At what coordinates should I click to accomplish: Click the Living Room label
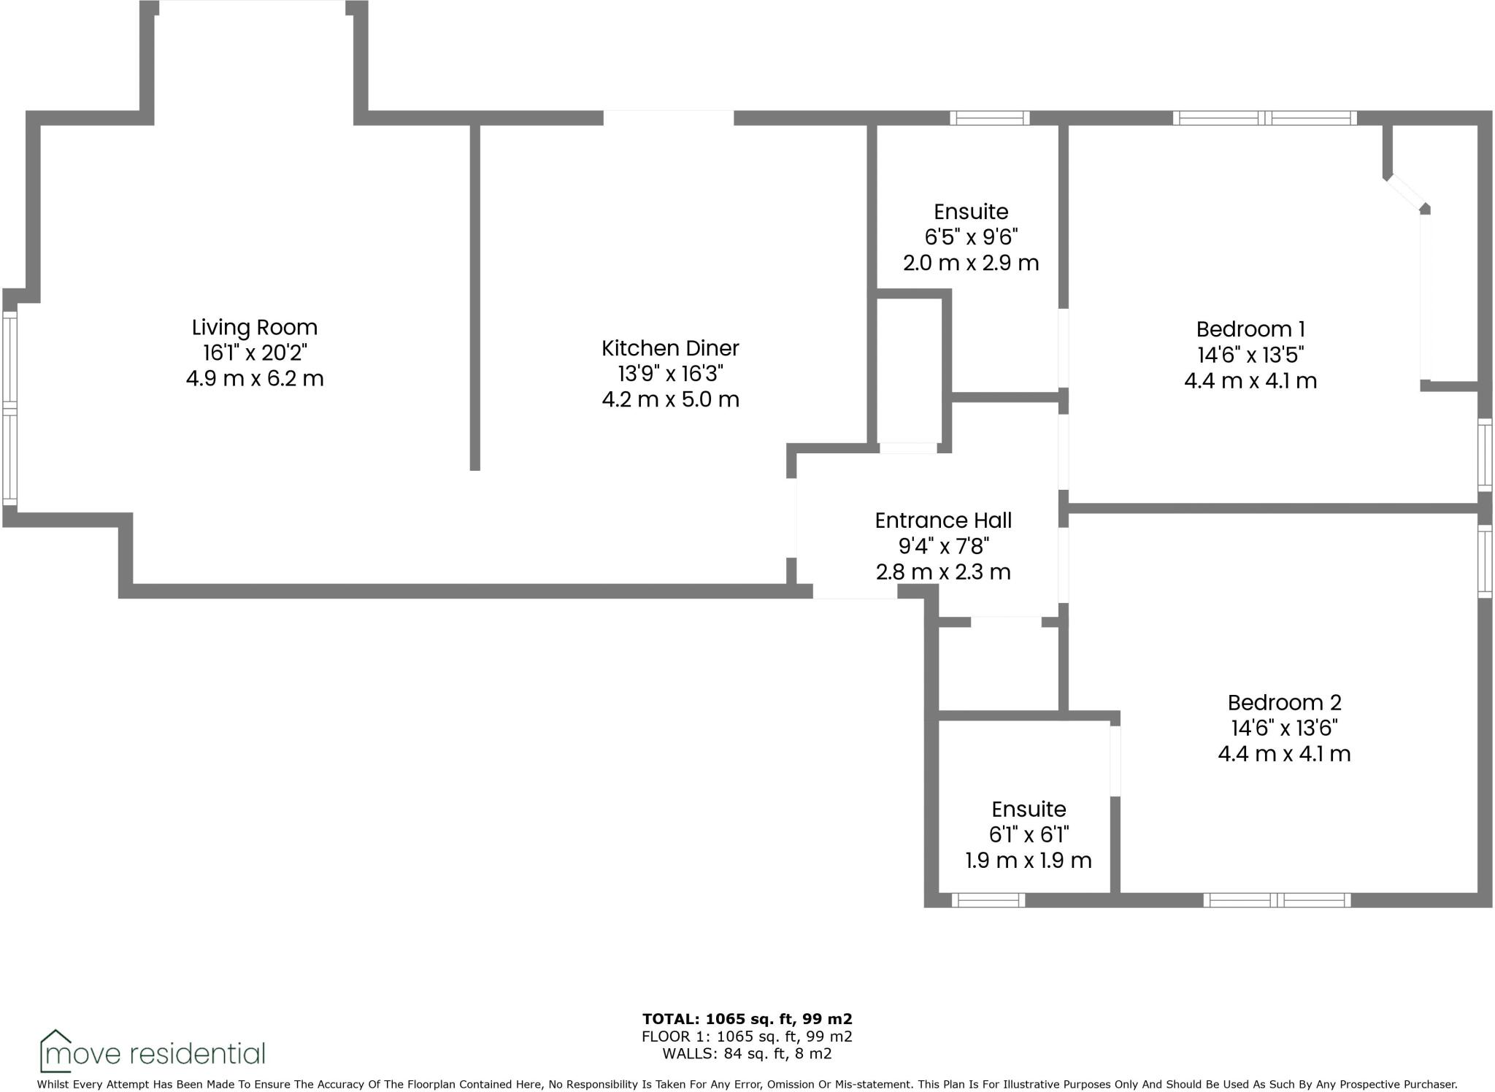(254, 327)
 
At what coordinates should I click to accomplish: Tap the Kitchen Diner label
(670, 348)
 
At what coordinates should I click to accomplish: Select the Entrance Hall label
(943, 520)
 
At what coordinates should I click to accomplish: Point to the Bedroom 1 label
(1250, 329)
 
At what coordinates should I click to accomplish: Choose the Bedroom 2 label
(1284, 702)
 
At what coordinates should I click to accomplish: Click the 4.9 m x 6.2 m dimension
(254, 379)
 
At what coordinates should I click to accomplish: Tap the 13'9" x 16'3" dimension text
(670, 374)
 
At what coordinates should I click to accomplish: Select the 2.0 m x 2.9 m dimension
(971, 263)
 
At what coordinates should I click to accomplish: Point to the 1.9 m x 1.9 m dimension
(1029, 861)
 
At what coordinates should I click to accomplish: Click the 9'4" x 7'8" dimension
(943, 546)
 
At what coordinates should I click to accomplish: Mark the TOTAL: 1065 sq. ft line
(747, 1018)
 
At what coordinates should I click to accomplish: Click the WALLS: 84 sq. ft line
(747, 1053)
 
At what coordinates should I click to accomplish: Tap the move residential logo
(153, 1052)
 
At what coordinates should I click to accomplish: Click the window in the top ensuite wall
(989, 118)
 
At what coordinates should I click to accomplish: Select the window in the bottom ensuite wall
(988, 901)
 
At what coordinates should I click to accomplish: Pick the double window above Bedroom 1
(1265, 118)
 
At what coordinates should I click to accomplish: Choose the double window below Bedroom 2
(1277, 901)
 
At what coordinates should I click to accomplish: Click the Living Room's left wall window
(9, 408)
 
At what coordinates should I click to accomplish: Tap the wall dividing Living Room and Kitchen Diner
(474, 297)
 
